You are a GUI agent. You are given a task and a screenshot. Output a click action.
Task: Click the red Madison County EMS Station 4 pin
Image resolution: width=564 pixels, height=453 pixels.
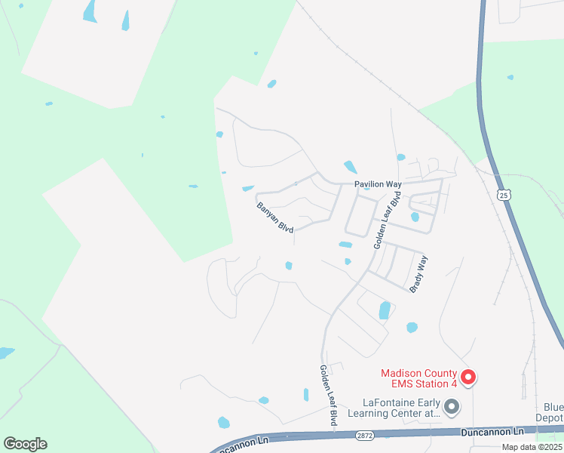point(467,376)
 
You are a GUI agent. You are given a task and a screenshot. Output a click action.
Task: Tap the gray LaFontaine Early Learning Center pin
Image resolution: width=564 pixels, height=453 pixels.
point(452,407)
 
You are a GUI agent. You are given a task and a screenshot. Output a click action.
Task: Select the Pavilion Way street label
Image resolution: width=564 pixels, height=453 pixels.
point(379,184)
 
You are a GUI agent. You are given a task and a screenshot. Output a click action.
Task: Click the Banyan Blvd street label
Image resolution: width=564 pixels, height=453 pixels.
point(274,217)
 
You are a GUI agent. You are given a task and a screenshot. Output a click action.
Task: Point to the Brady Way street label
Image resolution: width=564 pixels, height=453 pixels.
point(418,274)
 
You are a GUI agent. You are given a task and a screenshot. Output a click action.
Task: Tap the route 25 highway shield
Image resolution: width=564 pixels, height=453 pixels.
point(503,196)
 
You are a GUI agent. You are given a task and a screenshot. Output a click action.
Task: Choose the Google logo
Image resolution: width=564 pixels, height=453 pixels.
point(25,444)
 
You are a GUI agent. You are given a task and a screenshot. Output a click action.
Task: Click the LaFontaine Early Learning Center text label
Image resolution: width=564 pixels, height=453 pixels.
point(392,408)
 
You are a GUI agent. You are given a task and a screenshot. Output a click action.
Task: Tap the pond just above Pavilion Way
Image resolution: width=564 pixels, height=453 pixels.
point(351,167)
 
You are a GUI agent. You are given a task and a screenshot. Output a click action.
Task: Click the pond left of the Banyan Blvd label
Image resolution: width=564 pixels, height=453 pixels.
point(248,189)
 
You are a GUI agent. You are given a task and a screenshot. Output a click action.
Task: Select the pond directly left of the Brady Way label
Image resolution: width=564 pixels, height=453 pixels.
point(385,310)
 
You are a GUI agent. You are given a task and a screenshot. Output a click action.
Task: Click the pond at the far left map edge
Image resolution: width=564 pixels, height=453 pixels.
point(6,353)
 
